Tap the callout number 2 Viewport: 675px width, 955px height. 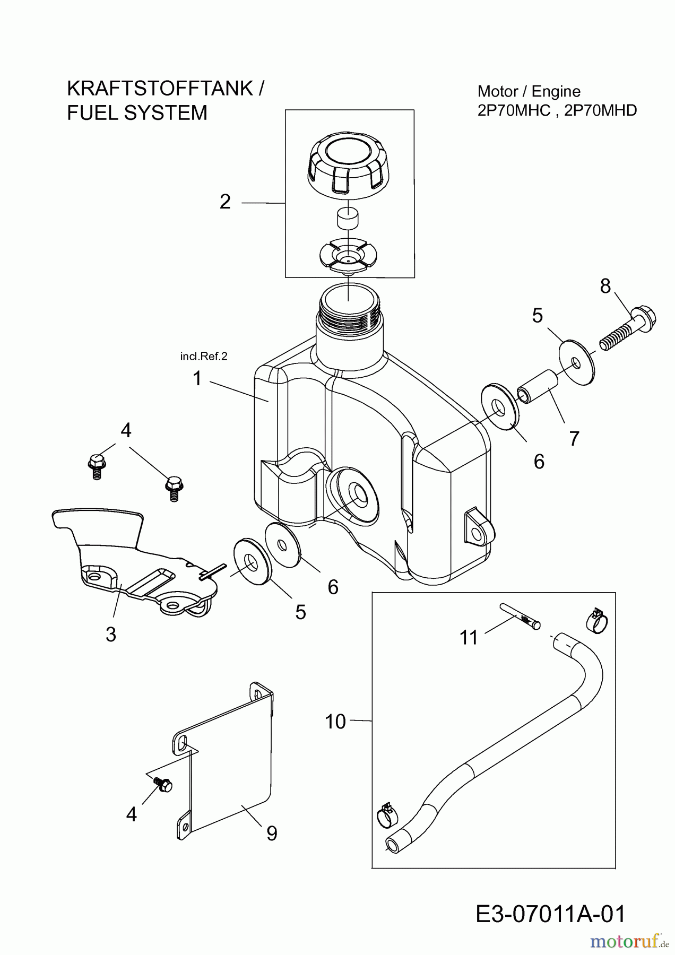pos(225,202)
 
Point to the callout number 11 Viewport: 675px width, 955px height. pos(469,638)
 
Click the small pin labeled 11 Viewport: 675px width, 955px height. pos(520,617)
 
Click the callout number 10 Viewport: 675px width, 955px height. pos(335,722)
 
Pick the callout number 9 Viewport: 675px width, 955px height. pos(272,834)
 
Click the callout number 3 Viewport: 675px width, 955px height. pos(111,634)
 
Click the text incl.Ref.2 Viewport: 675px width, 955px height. pos(204,357)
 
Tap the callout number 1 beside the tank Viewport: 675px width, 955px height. pos(197,379)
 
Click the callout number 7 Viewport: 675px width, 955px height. pos(574,439)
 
